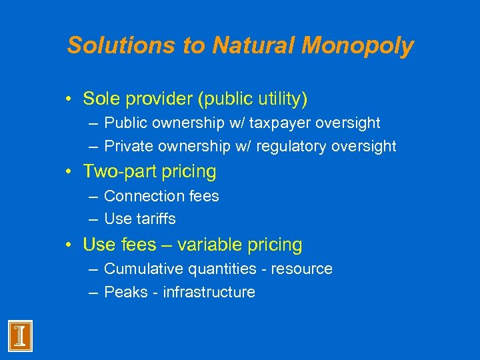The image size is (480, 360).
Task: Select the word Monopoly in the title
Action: pyautogui.click(x=357, y=45)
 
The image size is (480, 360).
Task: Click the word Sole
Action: pyautogui.click(x=99, y=99)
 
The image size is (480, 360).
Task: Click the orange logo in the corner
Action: pyautogui.click(x=20, y=336)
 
